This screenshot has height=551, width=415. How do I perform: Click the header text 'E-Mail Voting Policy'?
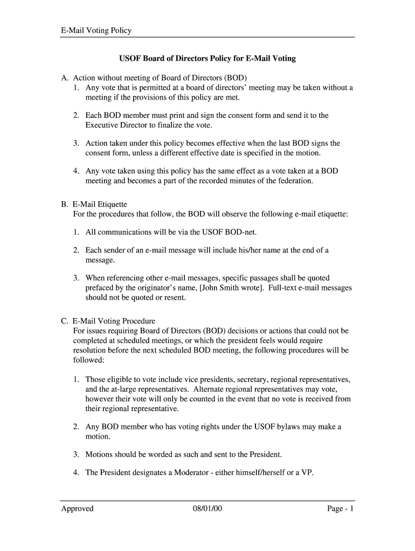[96, 31]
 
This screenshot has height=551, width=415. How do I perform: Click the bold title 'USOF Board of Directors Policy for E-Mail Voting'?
[207, 58]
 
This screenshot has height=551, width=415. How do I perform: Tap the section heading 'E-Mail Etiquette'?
[100, 204]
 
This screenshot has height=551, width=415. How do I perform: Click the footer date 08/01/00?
[207, 508]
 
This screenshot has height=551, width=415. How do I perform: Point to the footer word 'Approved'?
[77, 508]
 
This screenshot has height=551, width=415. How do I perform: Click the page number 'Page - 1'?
[340, 508]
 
